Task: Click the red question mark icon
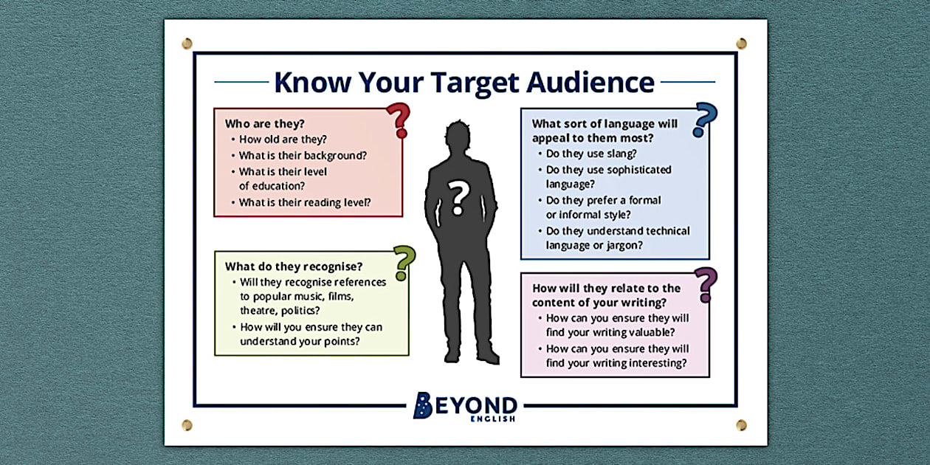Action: click(399, 120)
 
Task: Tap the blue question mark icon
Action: click(706, 120)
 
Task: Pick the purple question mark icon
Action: click(706, 285)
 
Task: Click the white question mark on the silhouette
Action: click(459, 198)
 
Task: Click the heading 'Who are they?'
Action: click(265, 123)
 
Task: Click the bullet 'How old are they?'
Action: click(283, 139)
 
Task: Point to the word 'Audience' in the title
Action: click(590, 81)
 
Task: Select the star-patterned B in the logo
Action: click(422, 405)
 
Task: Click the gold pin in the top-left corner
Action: click(187, 44)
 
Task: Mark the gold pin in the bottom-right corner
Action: click(741, 424)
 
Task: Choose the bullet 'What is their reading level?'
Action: click(304, 202)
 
